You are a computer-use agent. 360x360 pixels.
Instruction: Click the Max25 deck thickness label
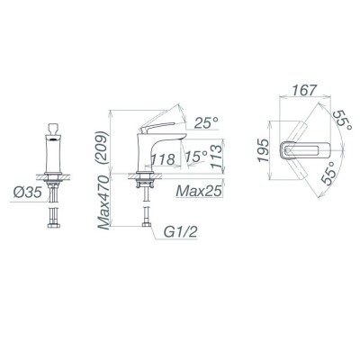[200, 190]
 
